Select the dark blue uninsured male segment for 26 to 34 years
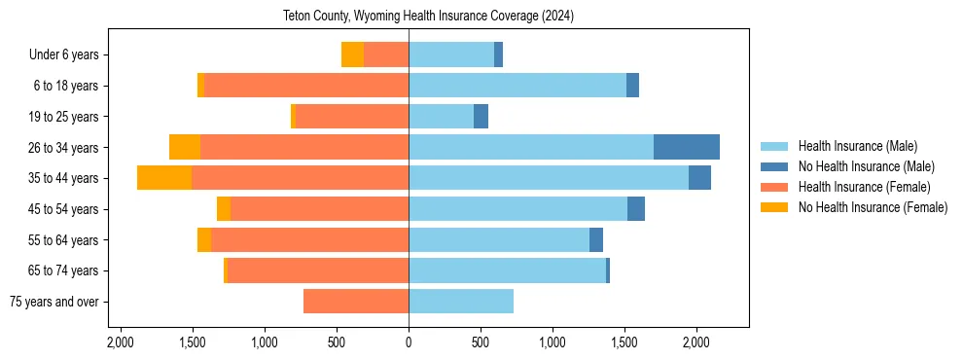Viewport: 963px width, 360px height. pyautogui.click(x=686, y=147)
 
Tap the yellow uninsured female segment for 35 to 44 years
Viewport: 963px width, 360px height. pyautogui.click(x=164, y=178)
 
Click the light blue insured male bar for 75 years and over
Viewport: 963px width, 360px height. pyautogui.click(x=461, y=302)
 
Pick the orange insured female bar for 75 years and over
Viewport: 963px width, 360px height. pyautogui.click(x=356, y=302)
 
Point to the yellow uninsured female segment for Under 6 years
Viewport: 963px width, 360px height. pyautogui.click(x=352, y=54)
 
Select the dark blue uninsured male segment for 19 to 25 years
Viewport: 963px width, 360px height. pyautogui.click(x=481, y=117)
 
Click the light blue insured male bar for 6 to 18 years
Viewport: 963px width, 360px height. pyautogui.click(x=517, y=86)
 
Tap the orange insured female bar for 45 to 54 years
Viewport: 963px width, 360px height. pyautogui.click(x=319, y=209)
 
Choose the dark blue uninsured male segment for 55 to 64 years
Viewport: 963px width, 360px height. pyautogui.click(x=596, y=239)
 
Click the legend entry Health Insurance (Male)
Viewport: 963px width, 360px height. pyautogui.click(x=857, y=146)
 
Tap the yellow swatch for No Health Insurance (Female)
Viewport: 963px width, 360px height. pyautogui.click(x=775, y=207)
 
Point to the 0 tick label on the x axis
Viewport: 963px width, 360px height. pyautogui.click(x=409, y=342)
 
